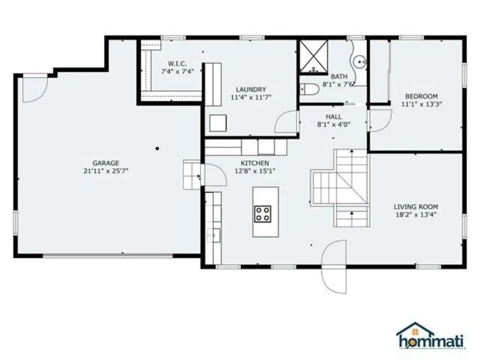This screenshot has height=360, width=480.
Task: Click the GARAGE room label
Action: tap(106, 163)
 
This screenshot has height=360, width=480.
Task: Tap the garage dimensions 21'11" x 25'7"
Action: tap(106, 171)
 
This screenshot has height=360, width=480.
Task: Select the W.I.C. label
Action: tap(178, 64)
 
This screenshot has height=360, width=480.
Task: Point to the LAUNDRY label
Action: tap(251, 90)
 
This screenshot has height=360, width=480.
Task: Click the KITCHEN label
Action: tap(255, 163)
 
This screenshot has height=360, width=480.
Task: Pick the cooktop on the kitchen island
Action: tap(263, 214)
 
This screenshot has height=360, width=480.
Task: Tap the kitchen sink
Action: tap(213, 235)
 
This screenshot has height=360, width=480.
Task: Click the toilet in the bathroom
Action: tap(309, 90)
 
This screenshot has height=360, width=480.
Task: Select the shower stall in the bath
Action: tap(314, 57)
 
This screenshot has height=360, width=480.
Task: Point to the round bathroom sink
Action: tap(360, 62)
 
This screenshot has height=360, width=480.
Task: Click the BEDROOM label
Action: tap(421, 97)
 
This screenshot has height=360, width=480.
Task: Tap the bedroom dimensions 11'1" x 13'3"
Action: tap(421, 105)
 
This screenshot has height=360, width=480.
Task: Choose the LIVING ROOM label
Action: tap(416, 207)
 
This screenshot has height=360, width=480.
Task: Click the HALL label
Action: tap(334, 117)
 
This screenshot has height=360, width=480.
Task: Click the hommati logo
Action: tap(431, 336)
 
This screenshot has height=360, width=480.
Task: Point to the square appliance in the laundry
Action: tap(218, 123)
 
